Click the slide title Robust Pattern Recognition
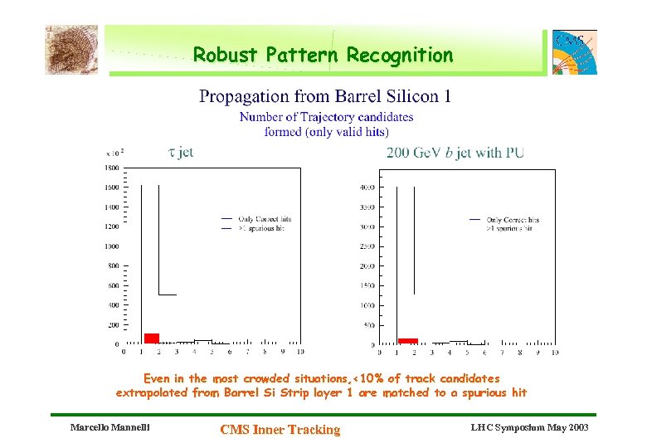point(323,56)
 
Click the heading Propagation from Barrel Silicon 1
point(325,97)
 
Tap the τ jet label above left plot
point(181,152)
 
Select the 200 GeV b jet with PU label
point(455,153)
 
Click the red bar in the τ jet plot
point(151,338)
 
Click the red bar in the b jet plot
point(407,340)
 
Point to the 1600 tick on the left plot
point(111,187)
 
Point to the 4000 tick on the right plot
point(366,187)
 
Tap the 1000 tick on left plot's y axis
point(111,246)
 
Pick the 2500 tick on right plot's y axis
point(366,246)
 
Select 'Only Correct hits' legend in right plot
point(513,220)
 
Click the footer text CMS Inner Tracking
point(280,429)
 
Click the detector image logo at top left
point(71,49)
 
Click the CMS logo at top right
point(574,51)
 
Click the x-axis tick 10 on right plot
point(553,353)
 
